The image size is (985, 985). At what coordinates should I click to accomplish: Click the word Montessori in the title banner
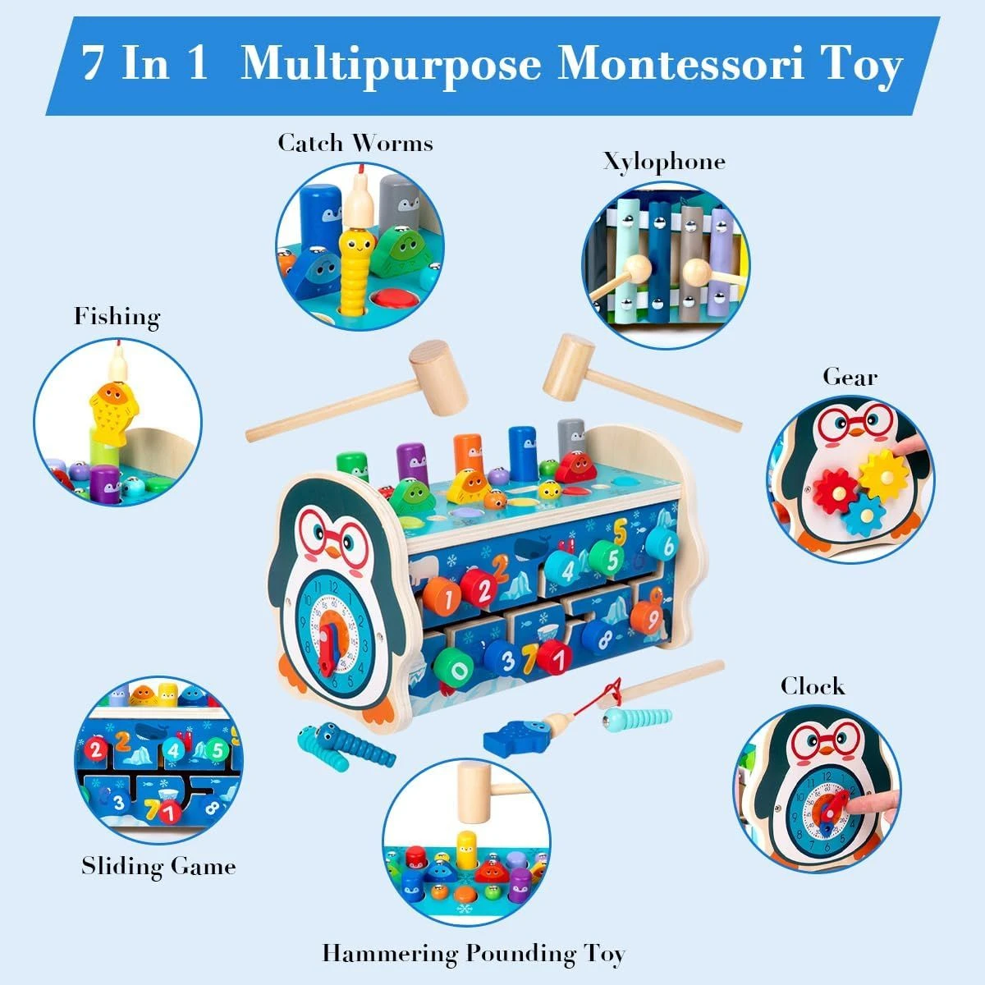[x=680, y=65]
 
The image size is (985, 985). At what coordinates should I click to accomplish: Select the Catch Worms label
[x=355, y=143]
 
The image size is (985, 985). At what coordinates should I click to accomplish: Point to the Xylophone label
[x=664, y=163]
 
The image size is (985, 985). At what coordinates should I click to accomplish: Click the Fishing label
[x=117, y=317]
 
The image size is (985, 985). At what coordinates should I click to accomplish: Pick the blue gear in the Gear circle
[x=863, y=514]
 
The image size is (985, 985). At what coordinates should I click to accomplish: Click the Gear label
[x=850, y=378]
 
